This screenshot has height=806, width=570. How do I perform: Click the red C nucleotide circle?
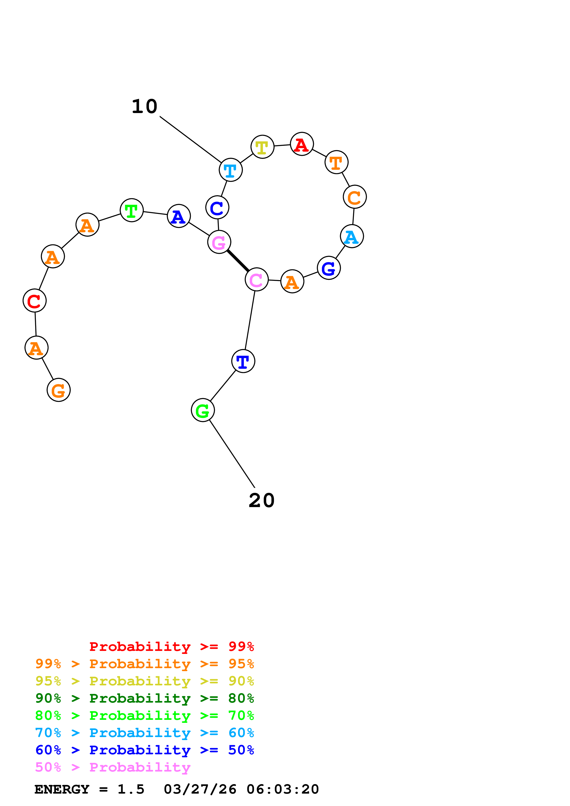click(34, 301)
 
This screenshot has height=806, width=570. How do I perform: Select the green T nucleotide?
click(132, 210)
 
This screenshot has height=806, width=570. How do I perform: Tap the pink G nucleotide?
click(219, 242)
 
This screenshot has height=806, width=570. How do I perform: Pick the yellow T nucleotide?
click(262, 147)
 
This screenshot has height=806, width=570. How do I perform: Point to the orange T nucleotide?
click(336, 162)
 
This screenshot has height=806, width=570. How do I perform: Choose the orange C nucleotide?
click(355, 197)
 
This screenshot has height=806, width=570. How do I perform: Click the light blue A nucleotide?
click(352, 236)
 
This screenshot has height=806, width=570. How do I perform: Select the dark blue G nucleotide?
click(329, 268)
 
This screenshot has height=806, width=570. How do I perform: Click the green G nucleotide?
click(203, 410)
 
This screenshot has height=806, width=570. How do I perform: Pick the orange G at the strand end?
click(59, 390)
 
